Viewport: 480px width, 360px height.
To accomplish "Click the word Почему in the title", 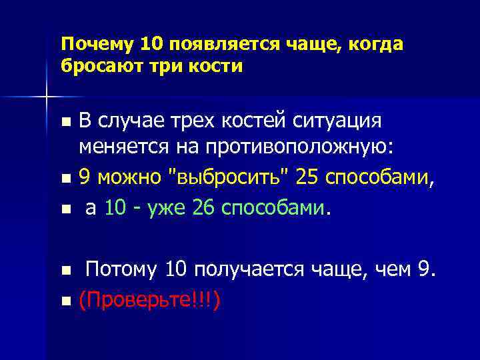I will [x=97, y=44].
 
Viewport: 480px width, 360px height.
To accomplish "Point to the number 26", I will [x=201, y=209].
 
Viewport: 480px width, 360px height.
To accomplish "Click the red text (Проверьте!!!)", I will [x=150, y=299].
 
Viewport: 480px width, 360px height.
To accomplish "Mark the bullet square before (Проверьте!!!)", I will [x=65, y=301].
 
